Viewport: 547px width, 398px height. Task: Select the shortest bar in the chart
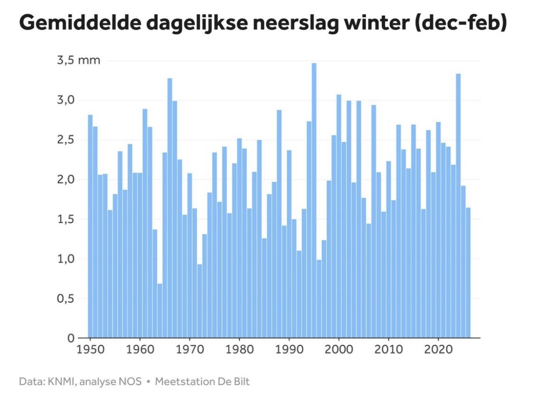pos(160,311)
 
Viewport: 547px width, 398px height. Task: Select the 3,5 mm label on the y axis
pos(78,60)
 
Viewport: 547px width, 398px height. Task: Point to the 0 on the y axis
pos(71,338)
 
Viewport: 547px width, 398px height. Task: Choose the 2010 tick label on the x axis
pos(388,348)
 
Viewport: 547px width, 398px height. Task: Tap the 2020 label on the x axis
pos(438,348)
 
